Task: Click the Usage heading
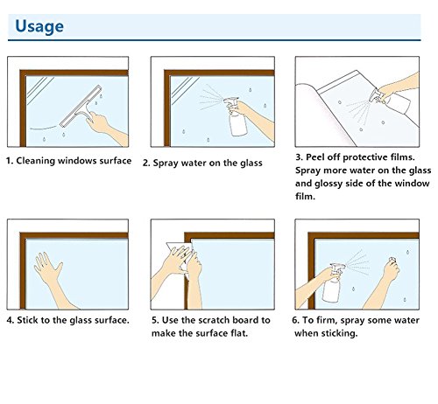tap(39, 26)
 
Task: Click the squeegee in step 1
tap(81, 107)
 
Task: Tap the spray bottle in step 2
tap(235, 116)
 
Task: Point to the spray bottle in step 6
tap(333, 283)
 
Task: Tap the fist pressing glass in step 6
tap(392, 268)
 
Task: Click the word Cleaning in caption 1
tap(36, 161)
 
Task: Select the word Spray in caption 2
tap(166, 164)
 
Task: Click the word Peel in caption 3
tap(314, 157)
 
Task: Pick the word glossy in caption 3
tap(328, 184)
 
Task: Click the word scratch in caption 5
tap(212, 320)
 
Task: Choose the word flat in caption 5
tap(239, 333)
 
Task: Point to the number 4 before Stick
tap(10, 320)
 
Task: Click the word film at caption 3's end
tap(305, 196)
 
